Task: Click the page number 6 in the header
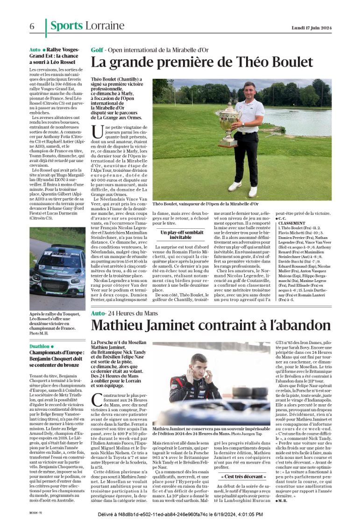coord(32,27)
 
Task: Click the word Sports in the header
coord(65,26)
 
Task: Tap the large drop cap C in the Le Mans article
coord(97,400)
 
